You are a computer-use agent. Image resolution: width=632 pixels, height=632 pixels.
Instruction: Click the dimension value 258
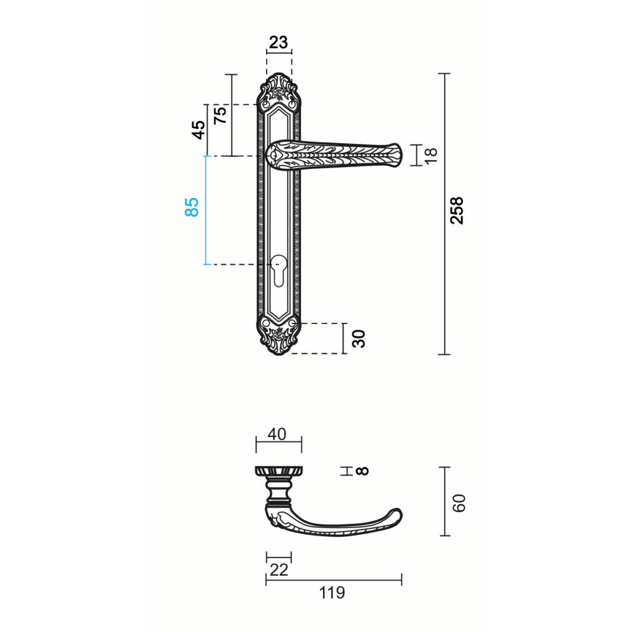(x=457, y=211)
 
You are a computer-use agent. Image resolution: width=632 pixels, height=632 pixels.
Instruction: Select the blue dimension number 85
(x=192, y=207)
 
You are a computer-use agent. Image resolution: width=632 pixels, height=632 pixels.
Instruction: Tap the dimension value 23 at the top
(x=279, y=42)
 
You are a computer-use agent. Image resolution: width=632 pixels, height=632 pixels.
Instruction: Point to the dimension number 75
(x=220, y=115)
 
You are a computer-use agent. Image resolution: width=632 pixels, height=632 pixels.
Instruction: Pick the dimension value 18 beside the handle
(x=431, y=155)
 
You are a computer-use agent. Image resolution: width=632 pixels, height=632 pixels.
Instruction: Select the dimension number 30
(x=358, y=339)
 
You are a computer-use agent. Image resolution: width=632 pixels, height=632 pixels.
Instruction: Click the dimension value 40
(x=277, y=434)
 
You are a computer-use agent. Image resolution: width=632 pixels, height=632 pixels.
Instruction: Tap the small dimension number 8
(x=363, y=470)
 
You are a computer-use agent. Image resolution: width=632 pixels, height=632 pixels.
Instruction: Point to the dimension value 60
(x=459, y=503)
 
